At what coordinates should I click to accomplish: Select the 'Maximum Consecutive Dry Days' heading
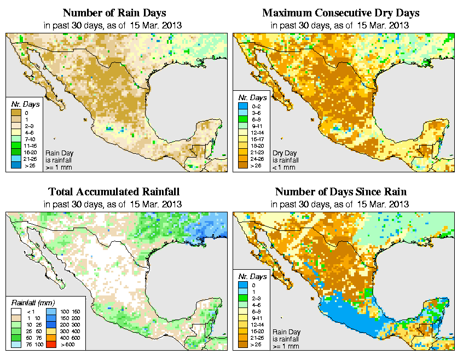pos(340,13)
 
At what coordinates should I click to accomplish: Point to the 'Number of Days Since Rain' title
pos(340,191)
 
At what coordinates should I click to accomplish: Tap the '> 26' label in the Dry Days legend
pos(256,165)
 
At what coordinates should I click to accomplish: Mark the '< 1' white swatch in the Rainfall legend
pos(15,311)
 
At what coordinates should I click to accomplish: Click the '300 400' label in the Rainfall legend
pos(70,332)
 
